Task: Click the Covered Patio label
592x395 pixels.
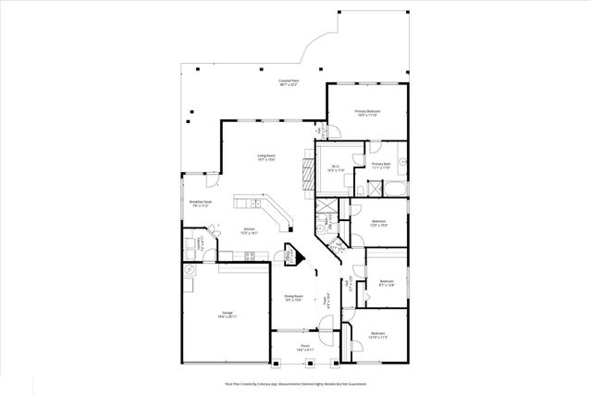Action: coord(289,83)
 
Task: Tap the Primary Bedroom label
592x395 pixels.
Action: coord(367,113)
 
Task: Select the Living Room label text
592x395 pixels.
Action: coord(266,157)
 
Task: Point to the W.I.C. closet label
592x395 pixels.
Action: coord(335,168)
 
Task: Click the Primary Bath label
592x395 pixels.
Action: coord(382,166)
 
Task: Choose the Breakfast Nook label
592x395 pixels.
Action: coord(200,204)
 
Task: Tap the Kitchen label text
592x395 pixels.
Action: coord(249,231)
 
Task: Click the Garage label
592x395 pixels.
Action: coord(228,315)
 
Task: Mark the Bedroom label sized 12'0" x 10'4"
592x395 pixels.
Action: coord(378,223)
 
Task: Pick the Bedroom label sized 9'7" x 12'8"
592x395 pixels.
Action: coord(386,282)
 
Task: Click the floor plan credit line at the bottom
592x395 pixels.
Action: coord(296,381)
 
